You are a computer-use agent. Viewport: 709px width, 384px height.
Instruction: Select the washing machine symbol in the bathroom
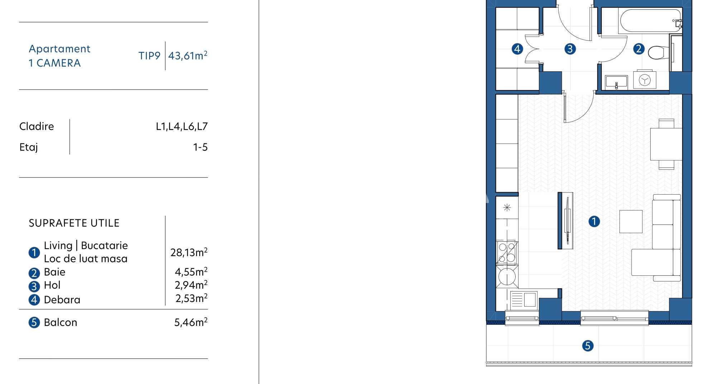645,80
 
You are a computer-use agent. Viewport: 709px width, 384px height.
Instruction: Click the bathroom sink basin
616,82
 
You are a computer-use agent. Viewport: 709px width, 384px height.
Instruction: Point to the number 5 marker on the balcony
588,346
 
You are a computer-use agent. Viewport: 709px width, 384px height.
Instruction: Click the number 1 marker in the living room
594,221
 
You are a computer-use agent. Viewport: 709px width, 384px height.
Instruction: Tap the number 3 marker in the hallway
570,49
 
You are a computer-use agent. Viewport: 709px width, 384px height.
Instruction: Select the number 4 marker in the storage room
517,49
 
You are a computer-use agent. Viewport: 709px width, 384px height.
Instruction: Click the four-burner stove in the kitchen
507,252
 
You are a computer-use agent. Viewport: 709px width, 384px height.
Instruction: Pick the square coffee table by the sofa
631,221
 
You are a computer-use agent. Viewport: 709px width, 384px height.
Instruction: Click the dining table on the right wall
666,144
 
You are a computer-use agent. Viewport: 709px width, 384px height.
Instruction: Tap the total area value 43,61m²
188,56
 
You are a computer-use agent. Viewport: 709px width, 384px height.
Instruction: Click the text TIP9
149,56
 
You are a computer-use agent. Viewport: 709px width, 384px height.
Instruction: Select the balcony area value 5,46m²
191,322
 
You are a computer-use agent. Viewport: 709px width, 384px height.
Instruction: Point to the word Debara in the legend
62,299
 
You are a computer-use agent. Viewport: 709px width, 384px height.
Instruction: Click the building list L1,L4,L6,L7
182,126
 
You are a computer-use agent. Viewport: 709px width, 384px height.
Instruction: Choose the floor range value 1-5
200,147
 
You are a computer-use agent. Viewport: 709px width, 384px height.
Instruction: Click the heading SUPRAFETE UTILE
74,223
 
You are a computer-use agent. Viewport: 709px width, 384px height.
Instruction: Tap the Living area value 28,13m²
189,252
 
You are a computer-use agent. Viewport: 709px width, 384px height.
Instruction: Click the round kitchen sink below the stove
507,276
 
